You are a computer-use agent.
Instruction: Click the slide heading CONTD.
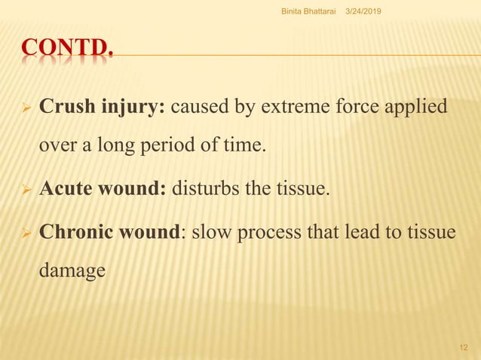click(x=67, y=52)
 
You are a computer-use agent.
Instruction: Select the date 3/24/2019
click(x=363, y=8)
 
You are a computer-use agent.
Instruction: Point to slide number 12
click(x=464, y=345)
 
